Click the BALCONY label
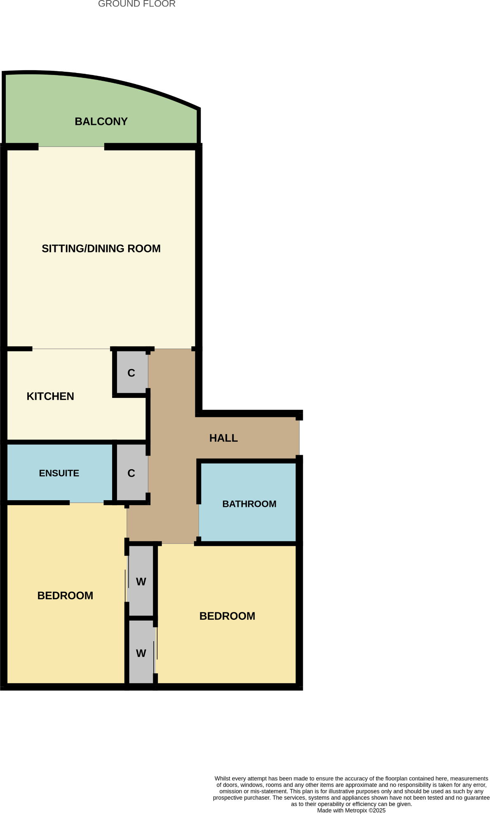coord(101,122)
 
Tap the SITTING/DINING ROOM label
coord(101,249)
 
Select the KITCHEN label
coord(50,396)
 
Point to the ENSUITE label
coord(59,473)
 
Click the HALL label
coord(223,438)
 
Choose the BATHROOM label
coord(249,504)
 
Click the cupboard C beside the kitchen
coord(131,373)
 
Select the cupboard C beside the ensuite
coord(131,473)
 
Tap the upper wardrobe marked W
coord(141,582)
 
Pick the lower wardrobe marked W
coord(141,654)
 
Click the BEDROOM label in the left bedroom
coord(65,596)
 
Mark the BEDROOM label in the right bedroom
coord(227,616)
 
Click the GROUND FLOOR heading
coord(136,4)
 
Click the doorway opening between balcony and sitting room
coord(71,147)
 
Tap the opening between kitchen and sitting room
coord(71,349)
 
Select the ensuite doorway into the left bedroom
coord(87,503)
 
